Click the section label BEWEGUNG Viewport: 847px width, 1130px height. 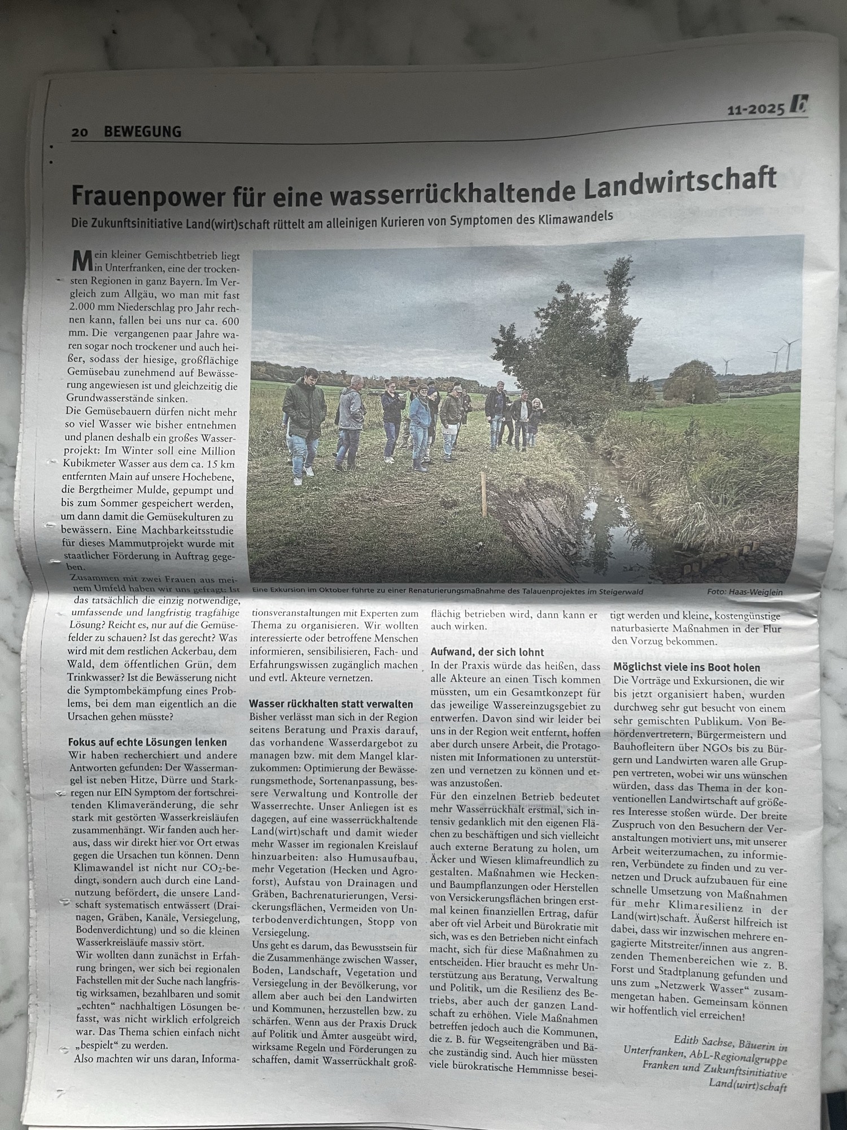[142, 132]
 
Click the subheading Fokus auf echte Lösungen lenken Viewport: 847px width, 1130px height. [147, 742]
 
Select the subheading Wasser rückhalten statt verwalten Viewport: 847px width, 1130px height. [331, 704]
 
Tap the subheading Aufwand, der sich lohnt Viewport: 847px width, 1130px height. [487, 651]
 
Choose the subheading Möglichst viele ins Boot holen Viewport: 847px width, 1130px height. [687, 667]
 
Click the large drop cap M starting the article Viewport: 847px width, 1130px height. [81, 261]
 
